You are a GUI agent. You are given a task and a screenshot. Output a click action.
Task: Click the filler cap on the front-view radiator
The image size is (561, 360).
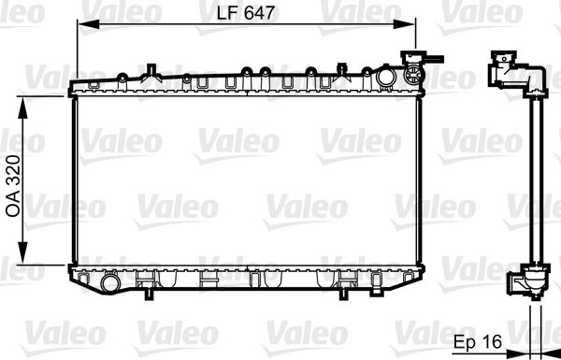pos(410,71)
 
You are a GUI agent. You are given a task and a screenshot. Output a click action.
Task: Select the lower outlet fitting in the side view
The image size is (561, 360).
pos(526,281)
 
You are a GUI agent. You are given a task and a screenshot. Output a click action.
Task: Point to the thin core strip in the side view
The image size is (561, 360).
pos(532,178)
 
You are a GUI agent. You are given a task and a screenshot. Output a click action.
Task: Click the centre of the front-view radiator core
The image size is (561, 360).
pos(244,180)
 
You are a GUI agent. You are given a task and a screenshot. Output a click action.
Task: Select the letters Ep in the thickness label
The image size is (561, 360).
pos(462,342)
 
